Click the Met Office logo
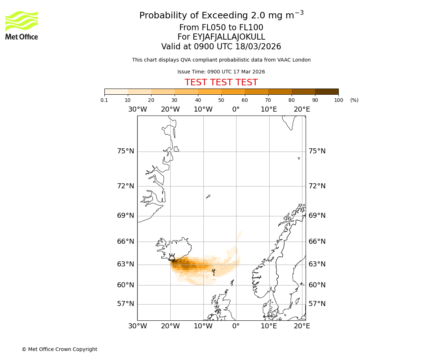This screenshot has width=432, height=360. tap(22, 25)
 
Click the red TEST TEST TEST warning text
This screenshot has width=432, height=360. tap(221, 83)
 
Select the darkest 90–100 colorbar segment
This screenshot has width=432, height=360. tap(327, 91)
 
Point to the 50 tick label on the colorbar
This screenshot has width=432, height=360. tap(221, 100)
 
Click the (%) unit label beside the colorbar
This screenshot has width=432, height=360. tap(354, 100)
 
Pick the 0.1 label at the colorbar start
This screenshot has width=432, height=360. tap(104, 100)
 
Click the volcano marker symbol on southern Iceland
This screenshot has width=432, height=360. tap(172, 257)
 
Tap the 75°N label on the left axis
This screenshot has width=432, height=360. tap(126, 151)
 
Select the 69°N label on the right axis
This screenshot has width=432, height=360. tap(317, 216)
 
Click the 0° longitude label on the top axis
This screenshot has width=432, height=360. tap(236, 109)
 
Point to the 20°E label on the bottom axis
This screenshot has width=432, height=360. tap(302, 326)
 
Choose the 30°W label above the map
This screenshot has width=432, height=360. tap(137, 109)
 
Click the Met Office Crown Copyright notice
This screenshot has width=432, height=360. tap(59, 349)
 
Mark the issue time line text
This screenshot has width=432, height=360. tap(221, 72)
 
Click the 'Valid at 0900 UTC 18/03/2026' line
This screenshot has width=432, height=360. tap(221, 47)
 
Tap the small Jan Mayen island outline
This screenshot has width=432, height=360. tap(208, 197)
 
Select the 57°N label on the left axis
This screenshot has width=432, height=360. tap(126, 304)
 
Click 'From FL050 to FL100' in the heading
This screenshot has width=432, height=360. tap(221, 28)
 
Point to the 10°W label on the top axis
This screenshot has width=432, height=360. tap(203, 109)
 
